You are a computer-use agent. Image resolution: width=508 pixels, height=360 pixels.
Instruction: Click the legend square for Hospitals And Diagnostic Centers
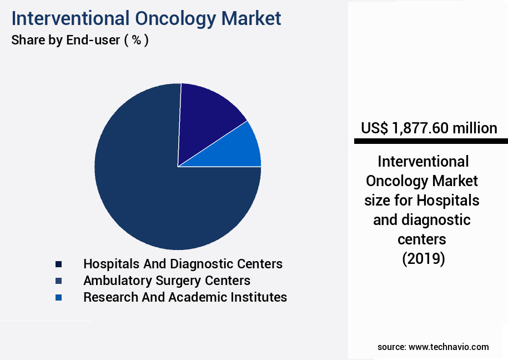pos(58,264)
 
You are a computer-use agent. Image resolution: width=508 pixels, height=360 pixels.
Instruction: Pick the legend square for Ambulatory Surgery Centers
pos(58,281)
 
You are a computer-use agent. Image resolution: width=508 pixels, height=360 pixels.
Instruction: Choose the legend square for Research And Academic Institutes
pos(58,297)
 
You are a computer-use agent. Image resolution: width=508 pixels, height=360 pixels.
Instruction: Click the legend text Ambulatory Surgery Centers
pos(167,281)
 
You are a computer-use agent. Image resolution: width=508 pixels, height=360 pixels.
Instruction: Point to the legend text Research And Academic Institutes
pos(185,297)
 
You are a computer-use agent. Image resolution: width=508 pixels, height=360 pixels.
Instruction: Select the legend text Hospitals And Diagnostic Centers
pos(183,264)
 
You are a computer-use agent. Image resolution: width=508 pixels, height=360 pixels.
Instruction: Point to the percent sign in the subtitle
pos(135,41)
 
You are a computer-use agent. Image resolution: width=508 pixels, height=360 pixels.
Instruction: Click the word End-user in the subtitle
pos(90,41)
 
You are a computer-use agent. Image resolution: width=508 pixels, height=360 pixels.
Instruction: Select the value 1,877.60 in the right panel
pos(420,128)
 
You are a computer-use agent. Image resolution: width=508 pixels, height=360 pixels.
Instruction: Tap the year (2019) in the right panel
pos(423,259)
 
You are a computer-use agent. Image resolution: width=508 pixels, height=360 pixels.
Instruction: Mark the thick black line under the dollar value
pos(431,142)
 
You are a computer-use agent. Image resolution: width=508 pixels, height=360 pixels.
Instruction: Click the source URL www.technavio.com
pos(449,347)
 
